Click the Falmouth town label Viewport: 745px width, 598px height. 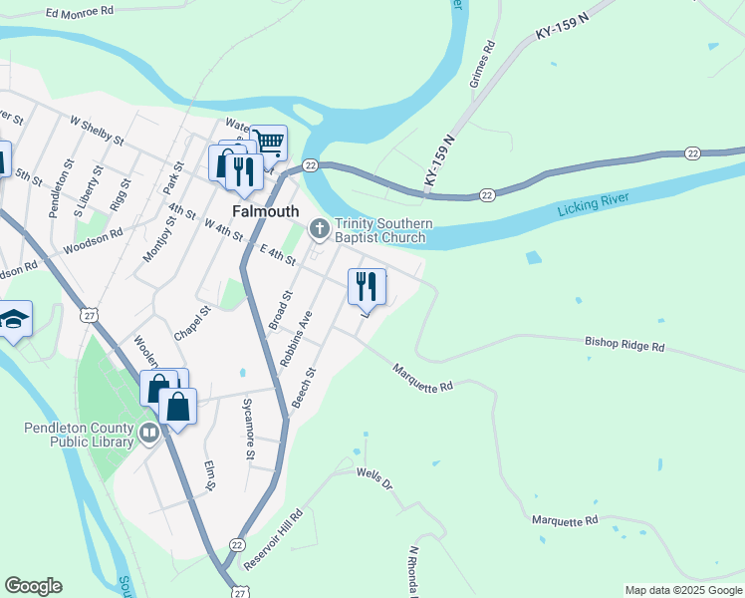tap(265, 211)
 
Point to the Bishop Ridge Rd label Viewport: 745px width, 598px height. tap(623, 345)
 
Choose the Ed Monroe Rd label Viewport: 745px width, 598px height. tap(81, 13)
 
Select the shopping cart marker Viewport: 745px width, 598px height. tap(268, 143)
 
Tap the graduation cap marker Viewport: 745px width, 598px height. tap(14, 319)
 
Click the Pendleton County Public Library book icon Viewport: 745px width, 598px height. tap(149, 433)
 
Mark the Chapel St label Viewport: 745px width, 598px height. tap(192, 323)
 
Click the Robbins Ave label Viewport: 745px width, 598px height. tap(296, 339)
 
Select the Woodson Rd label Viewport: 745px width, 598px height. tap(92, 240)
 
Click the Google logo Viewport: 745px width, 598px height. tap(33, 586)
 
